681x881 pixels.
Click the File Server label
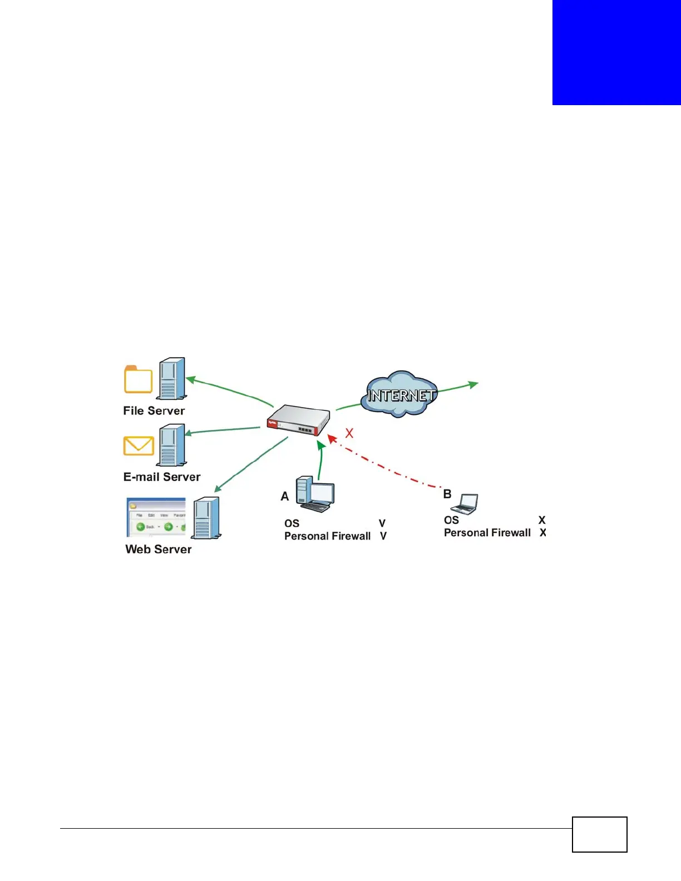pyautogui.click(x=154, y=411)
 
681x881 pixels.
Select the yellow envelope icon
pyautogui.click(x=139, y=446)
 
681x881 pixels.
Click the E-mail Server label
pyautogui.click(x=161, y=477)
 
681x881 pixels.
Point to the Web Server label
pyautogui.click(x=158, y=550)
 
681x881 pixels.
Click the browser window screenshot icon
pyautogui.click(x=156, y=518)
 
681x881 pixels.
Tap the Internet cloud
pyautogui.click(x=399, y=394)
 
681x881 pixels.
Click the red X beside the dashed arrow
pyautogui.click(x=349, y=433)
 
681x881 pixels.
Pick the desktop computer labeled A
pyautogui.click(x=315, y=494)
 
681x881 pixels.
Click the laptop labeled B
pyautogui.click(x=465, y=504)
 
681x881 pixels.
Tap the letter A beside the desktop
pyautogui.click(x=285, y=496)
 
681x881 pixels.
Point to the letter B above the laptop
pyautogui.click(x=447, y=494)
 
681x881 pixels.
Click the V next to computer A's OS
pyautogui.click(x=382, y=523)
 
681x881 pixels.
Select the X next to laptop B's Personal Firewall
pyautogui.click(x=543, y=533)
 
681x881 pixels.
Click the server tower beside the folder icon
pyautogui.click(x=171, y=379)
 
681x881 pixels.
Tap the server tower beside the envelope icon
pyautogui.click(x=172, y=445)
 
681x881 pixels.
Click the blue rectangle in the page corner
pyautogui.click(x=616, y=52)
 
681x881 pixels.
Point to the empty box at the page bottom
pyautogui.click(x=599, y=834)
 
